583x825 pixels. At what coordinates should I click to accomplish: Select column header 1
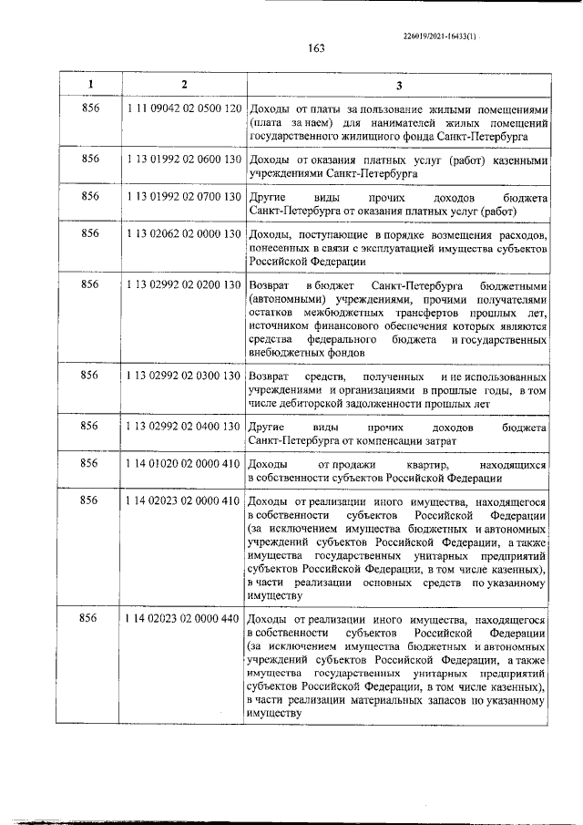pyautogui.click(x=89, y=85)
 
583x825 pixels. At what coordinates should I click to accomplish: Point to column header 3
pyautogui.click(x=397, y=85)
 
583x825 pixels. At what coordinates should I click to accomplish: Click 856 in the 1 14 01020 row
pyautogui.click(x=89, y=464)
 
